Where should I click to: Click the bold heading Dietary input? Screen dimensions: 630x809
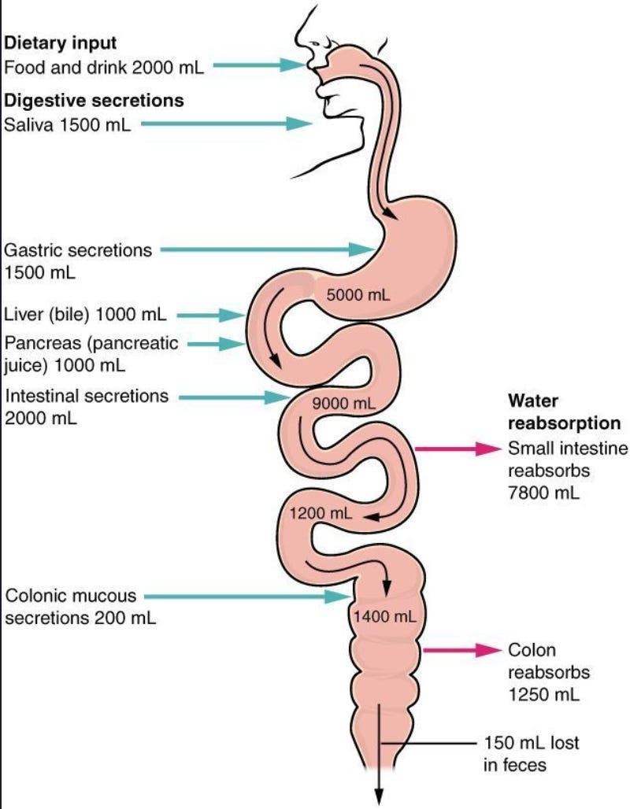pos(61,42)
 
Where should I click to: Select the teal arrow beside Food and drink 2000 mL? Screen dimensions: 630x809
pos(259,65)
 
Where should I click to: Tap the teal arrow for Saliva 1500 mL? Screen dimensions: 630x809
pos(227,124)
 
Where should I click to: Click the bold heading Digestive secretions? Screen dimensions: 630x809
pos(94,100)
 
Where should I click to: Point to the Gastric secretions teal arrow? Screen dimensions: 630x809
pos(268,249)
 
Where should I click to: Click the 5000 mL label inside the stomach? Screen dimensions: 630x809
pos(358,295)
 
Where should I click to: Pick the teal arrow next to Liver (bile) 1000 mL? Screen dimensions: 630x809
pos(211,315)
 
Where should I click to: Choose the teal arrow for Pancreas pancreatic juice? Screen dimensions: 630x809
pos(217,344)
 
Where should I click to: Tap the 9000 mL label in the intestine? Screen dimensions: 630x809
pos(343,403)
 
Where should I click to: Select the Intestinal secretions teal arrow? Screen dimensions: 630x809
pos(233,397)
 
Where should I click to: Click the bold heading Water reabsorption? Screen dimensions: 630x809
pos(564,412)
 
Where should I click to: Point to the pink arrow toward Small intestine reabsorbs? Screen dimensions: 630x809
pos(458,449)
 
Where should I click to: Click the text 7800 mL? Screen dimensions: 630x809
pos(543,493)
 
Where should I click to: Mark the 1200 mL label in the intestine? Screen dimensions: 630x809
pos(321,513)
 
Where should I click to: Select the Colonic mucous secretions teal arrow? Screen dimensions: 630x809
pos(247,597)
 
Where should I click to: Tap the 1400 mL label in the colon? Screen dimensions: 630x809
pos(385,616)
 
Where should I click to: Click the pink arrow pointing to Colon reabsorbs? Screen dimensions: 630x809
pos(462,650)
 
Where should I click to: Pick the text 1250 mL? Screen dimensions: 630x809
pos(543,694)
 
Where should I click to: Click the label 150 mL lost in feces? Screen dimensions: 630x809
pos(531,753)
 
